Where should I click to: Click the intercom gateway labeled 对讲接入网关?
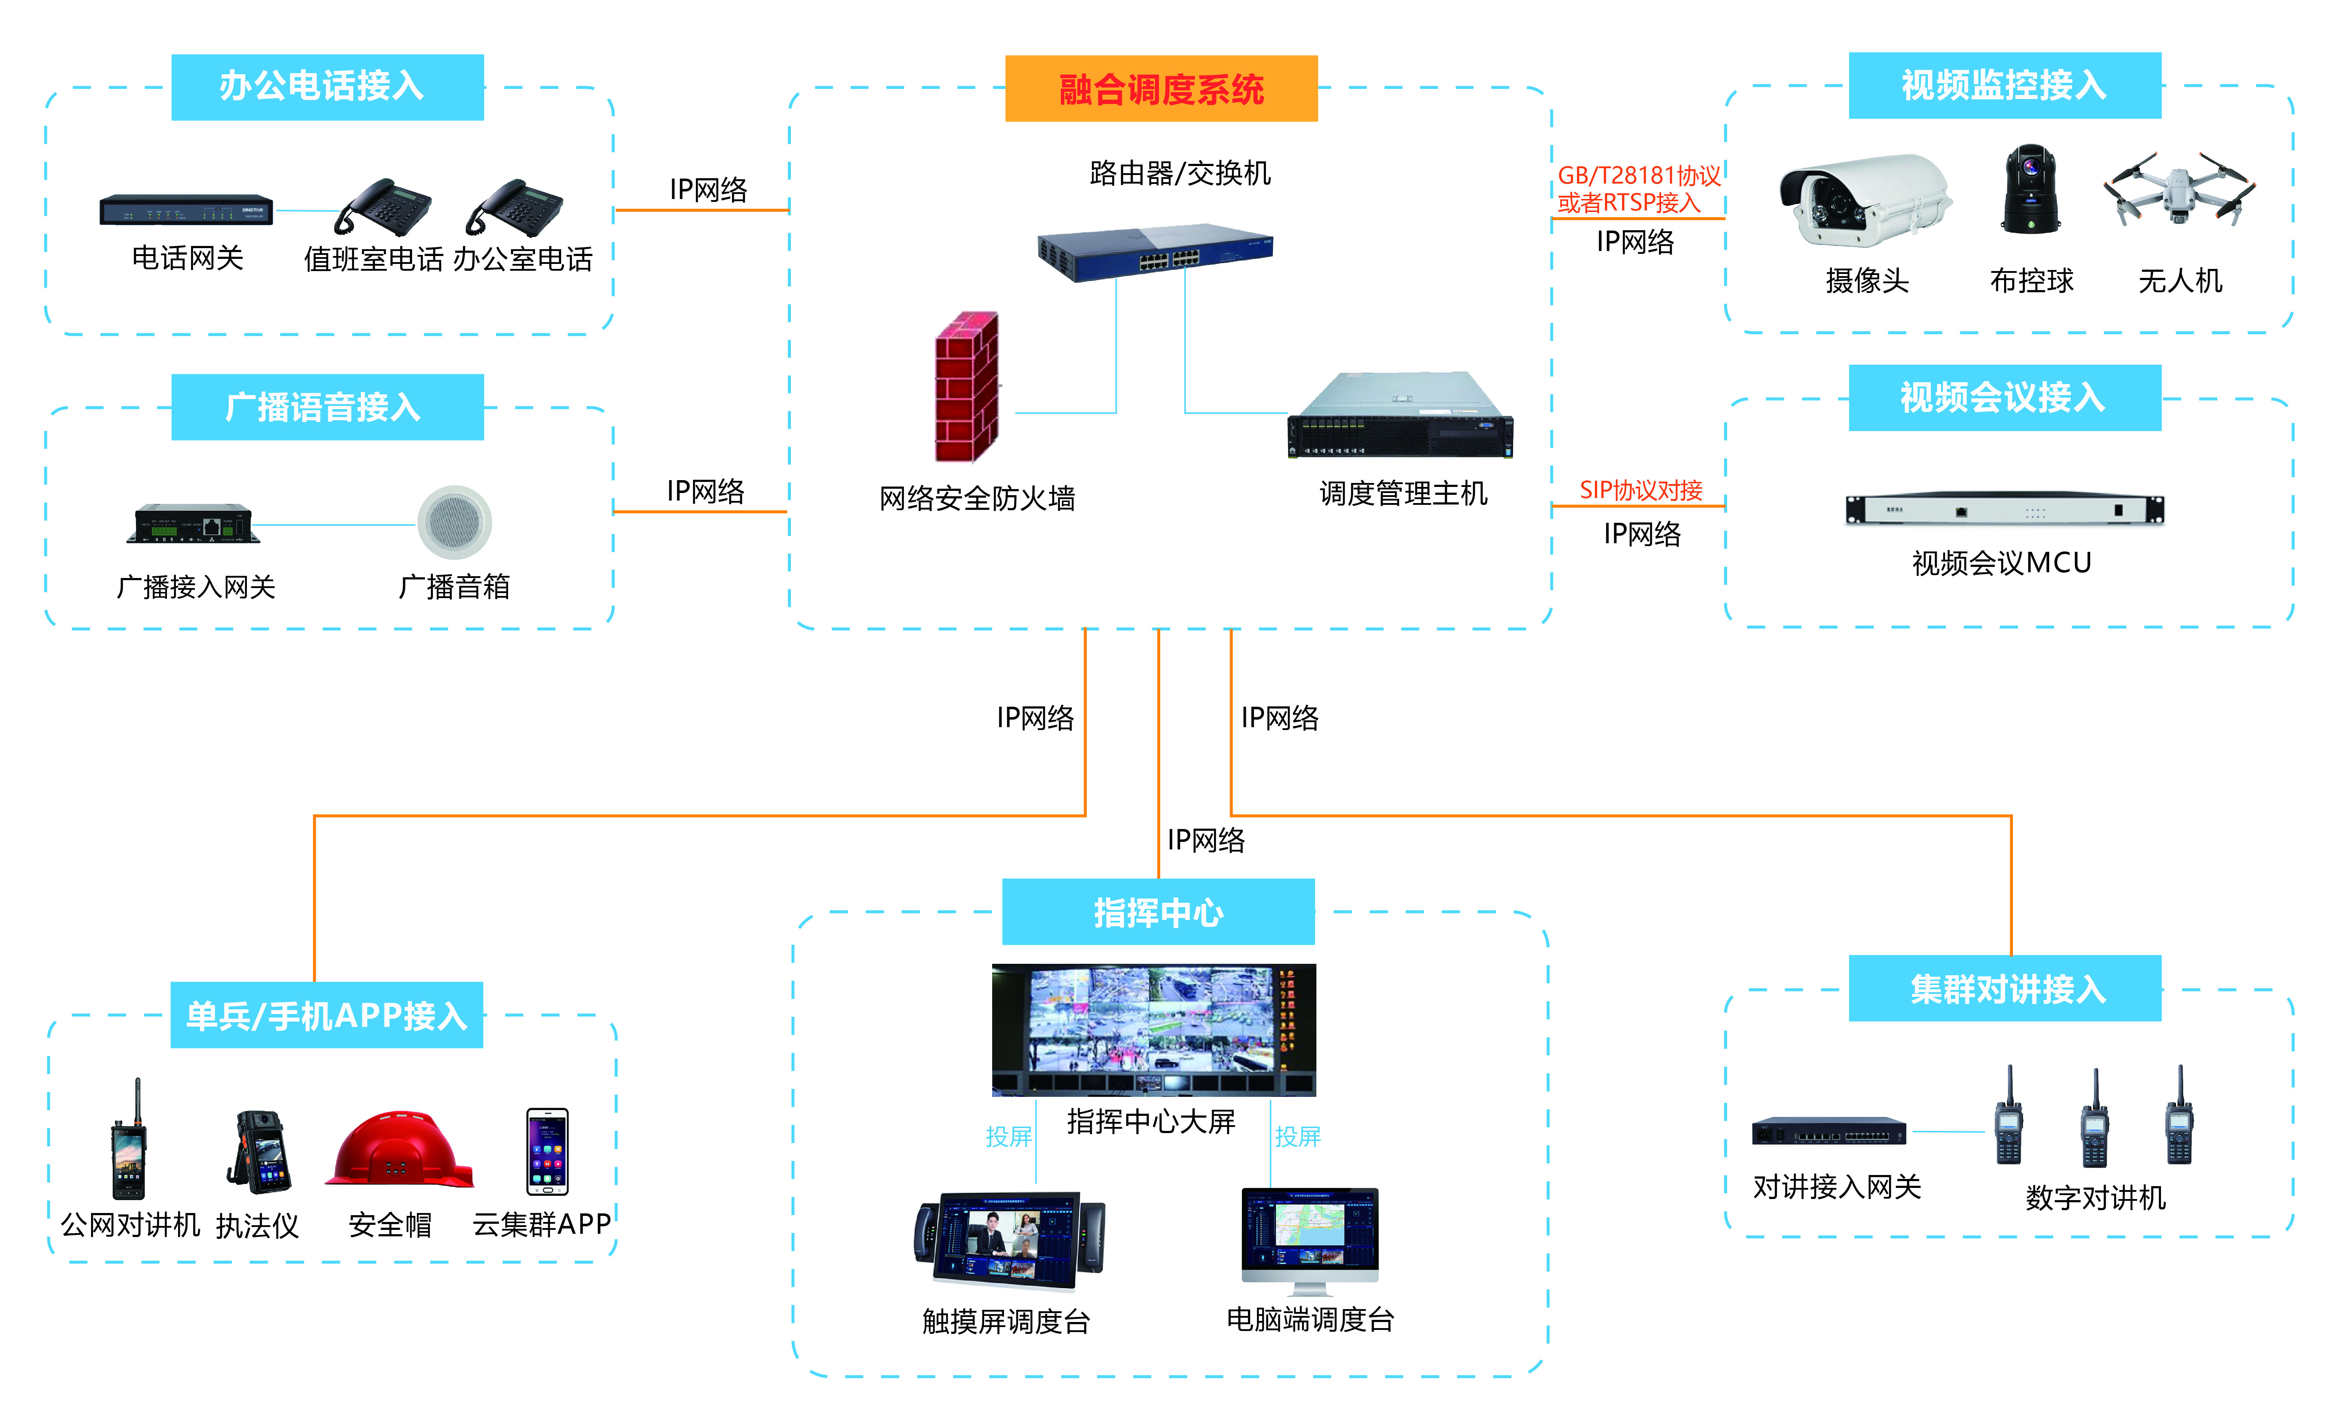(x=1828, y=1131)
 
